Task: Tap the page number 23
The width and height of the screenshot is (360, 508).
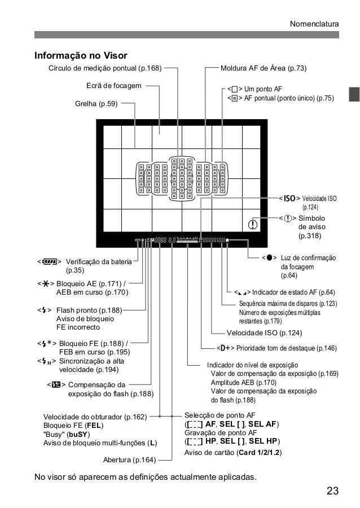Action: tap(333, 490)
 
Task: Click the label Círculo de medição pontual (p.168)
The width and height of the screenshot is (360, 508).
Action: tap(105, 69)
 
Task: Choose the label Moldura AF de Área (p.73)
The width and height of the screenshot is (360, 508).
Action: tap(263, 69)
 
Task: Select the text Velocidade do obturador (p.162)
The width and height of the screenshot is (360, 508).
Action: tap(95, 417)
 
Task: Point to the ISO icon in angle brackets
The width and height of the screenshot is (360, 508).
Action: tap(290, 199)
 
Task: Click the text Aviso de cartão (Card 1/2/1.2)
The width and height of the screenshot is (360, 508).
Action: tap(234, 453)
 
